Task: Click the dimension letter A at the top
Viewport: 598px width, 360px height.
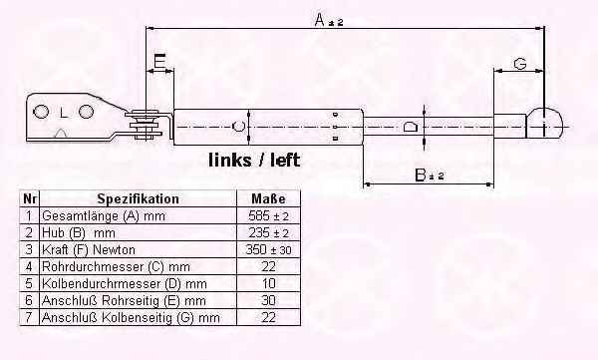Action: (x=320, y=20)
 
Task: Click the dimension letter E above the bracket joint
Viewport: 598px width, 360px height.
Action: (x=159, y=61)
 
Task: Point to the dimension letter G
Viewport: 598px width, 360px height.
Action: (x=520, y=64)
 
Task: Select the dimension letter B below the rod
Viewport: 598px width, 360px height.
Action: (x=421, y=176)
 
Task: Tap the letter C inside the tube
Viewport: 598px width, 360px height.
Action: (x=238, y=126)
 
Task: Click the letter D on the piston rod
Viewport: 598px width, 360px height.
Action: (x=411, y=127)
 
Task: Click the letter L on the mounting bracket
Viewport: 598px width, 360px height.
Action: (x=64, y=113)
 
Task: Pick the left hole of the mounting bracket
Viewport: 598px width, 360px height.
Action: (x=41, y=112)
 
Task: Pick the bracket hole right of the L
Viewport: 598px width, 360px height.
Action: (x=86, y=112)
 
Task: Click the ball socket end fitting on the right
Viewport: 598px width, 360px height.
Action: (x=544, y=123)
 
